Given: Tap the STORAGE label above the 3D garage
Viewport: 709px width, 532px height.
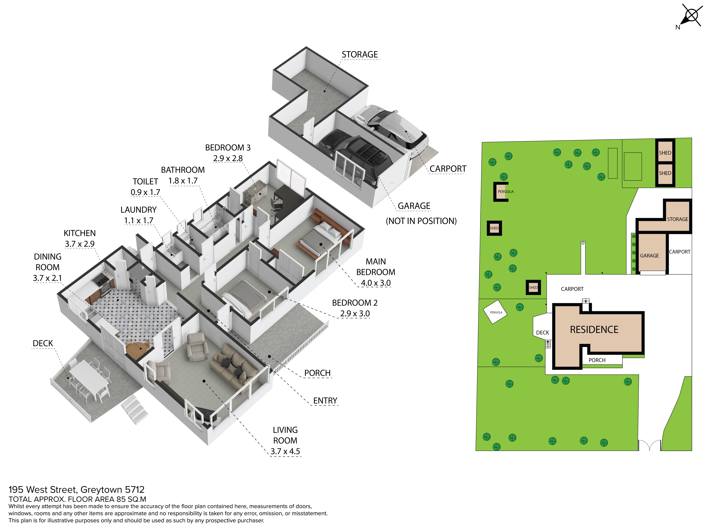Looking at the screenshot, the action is [x=360, y=54].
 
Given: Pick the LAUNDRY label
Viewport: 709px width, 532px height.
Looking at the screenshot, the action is [x=138, y=210].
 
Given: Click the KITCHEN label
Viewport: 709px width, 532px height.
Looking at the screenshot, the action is [x=80, y=233].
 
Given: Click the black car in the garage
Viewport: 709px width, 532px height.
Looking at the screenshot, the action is [x=354, y=156].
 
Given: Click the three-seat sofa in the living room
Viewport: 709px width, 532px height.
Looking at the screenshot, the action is [x=233, y=364].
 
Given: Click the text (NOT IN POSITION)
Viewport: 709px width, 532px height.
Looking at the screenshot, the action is [x=421, y=221].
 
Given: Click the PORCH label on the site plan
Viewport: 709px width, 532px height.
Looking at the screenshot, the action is [x=597, y=360].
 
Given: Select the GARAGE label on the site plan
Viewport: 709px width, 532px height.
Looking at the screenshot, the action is [x=649, y=256].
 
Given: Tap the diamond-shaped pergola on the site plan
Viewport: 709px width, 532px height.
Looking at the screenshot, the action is [x=495, y=312].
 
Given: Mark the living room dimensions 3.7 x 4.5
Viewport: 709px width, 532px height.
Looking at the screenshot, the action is [x=285, y=451].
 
